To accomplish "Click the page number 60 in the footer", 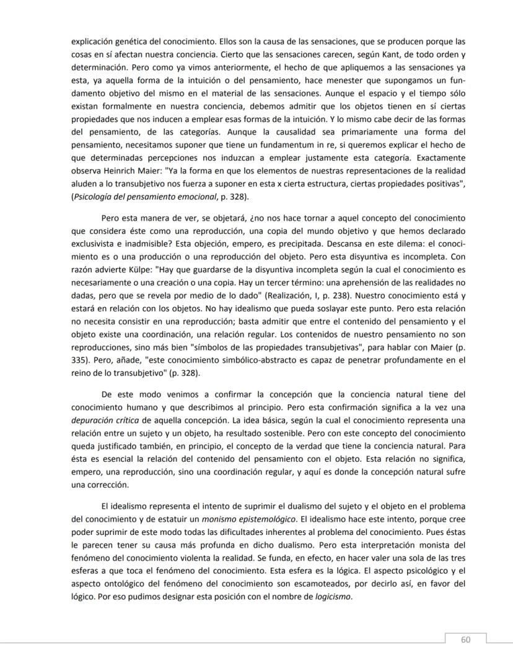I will (x=465, y=640).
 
